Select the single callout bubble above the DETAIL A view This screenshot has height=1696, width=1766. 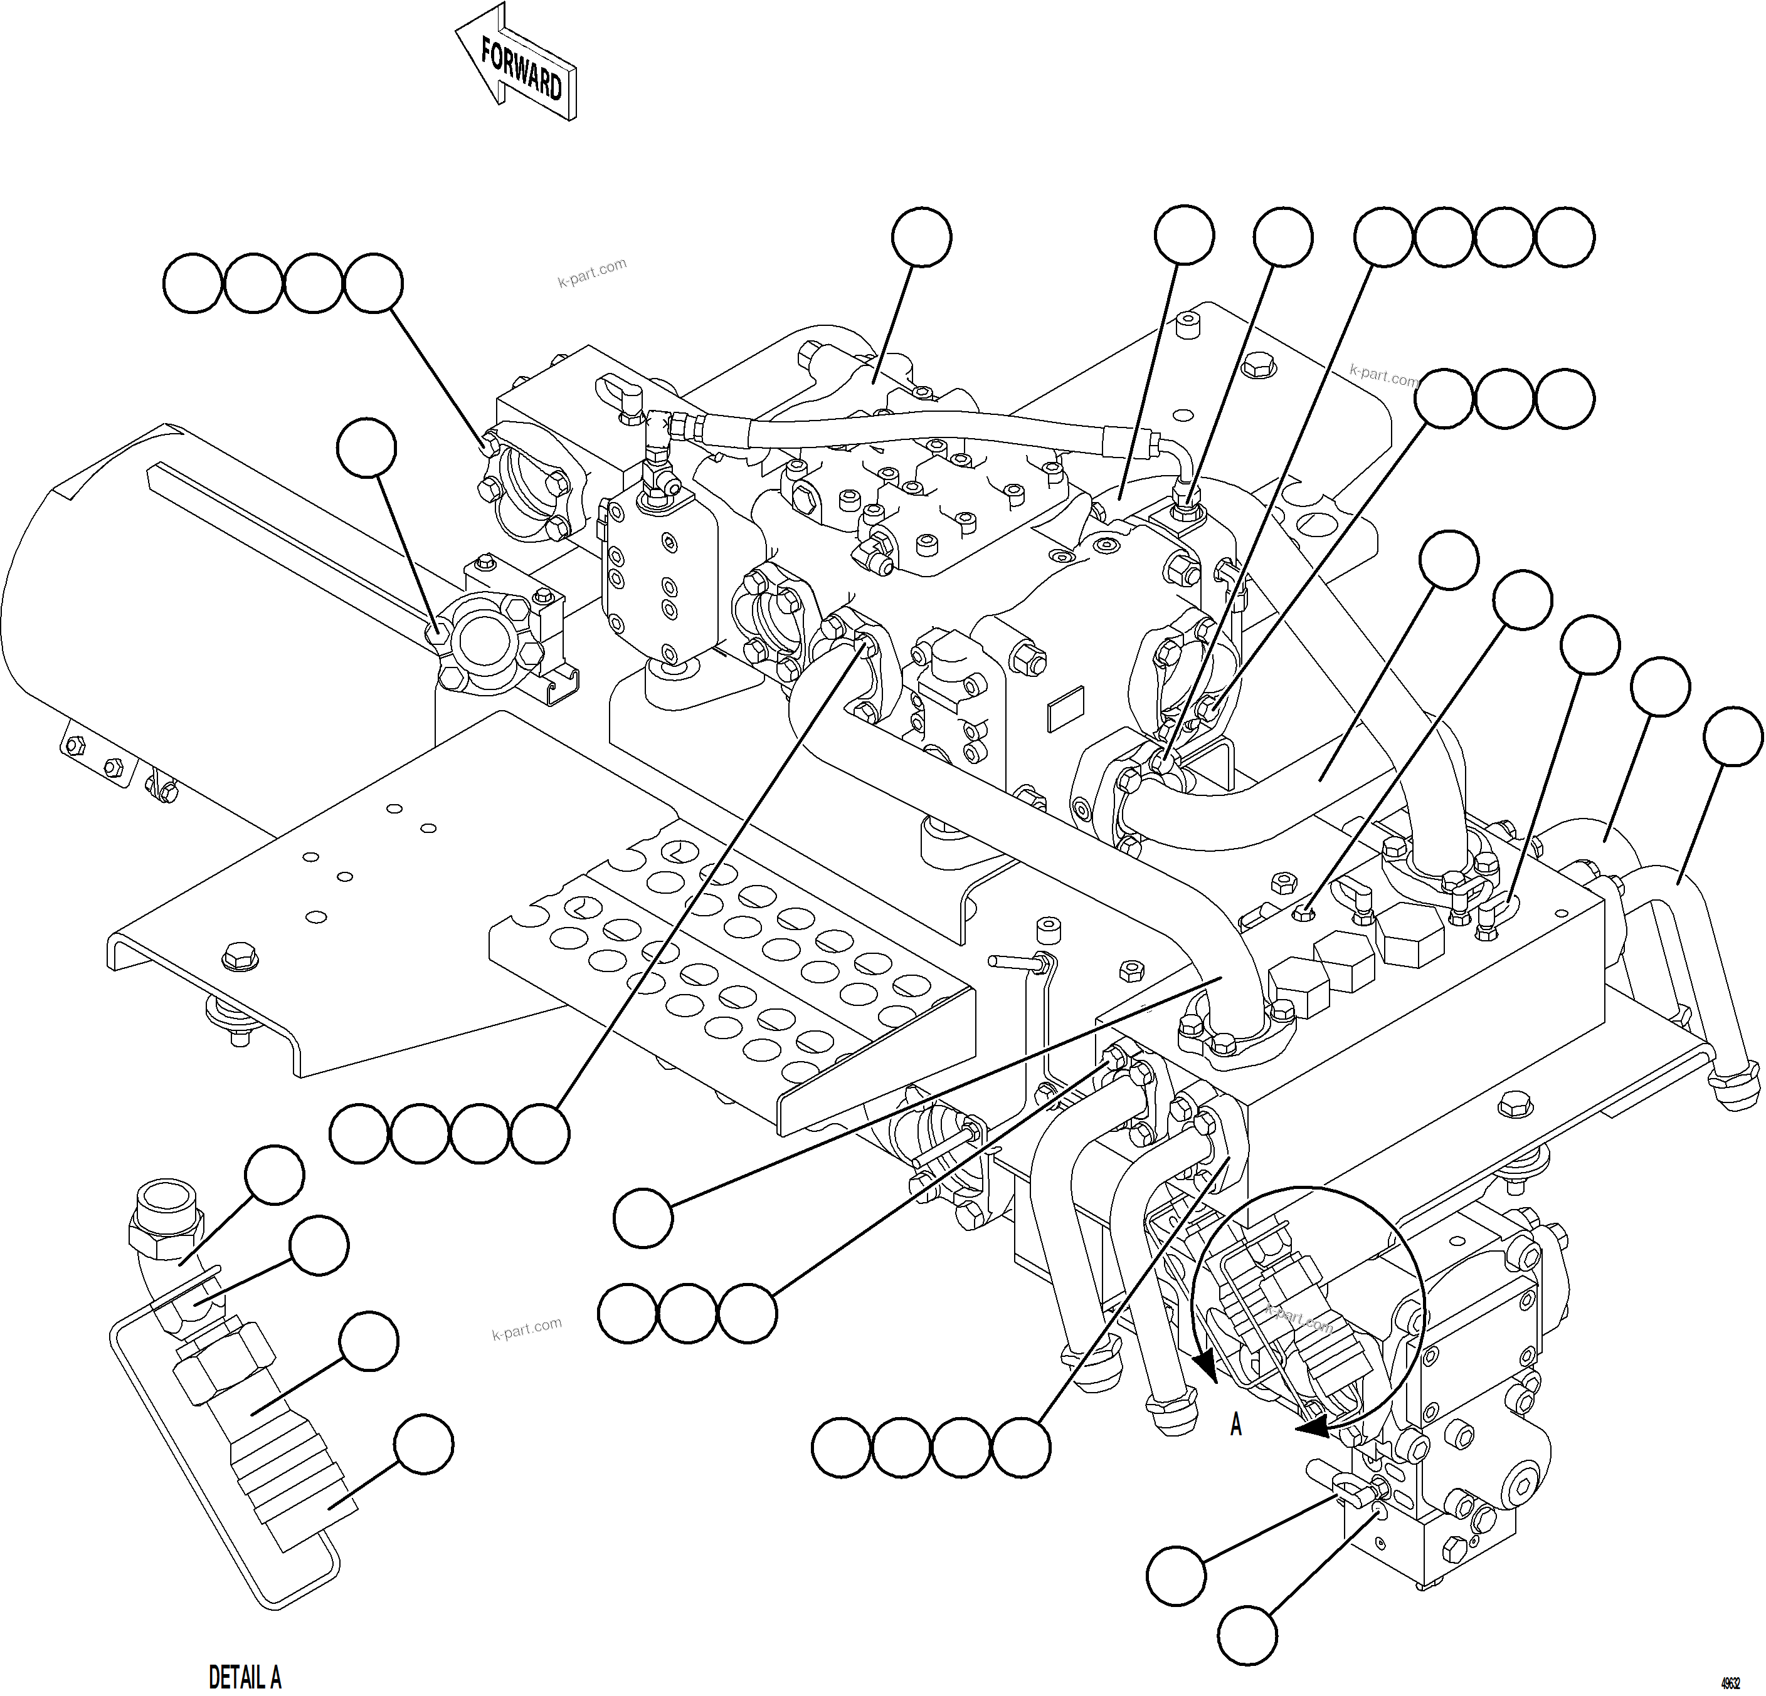click(x=275, y=1175)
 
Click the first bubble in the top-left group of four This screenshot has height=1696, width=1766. click(x=193, y=284)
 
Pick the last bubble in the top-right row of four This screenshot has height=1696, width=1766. click(x=1565, y=237)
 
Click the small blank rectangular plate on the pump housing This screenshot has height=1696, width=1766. click(x=1069, y=709)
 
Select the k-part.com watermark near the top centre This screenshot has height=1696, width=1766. click(x=592, y=271)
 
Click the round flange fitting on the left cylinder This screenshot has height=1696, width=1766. click(x=487, y=639)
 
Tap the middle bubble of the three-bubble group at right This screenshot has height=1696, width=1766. click(x=1504, y=398)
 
